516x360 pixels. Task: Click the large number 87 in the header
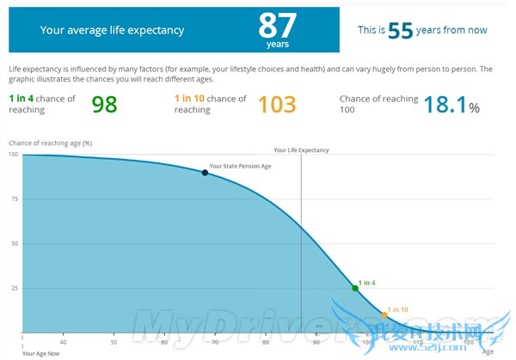(x=278, y=25)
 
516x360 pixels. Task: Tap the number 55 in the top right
(x=401, y=30)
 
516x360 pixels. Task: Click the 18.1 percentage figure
(x=445, y=104)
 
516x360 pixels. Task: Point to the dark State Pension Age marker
(x=205, y=173)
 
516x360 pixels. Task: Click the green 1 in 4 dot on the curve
(x=355, y=288)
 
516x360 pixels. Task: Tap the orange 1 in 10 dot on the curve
(x=384, y=315)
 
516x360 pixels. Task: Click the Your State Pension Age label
(x=240, y=165)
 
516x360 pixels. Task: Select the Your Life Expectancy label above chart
(x=301, y=149)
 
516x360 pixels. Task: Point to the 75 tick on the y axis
(x=13, y=198)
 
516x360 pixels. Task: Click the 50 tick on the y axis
(x=13, y=243)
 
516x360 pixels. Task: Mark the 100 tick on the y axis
(x=12, y=154)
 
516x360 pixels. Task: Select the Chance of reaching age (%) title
(x=50, y=142)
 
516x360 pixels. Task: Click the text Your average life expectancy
(x=112, y=30)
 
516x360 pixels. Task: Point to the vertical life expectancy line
(x=301, y=241)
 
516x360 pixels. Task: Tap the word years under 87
(x=278, y=43)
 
